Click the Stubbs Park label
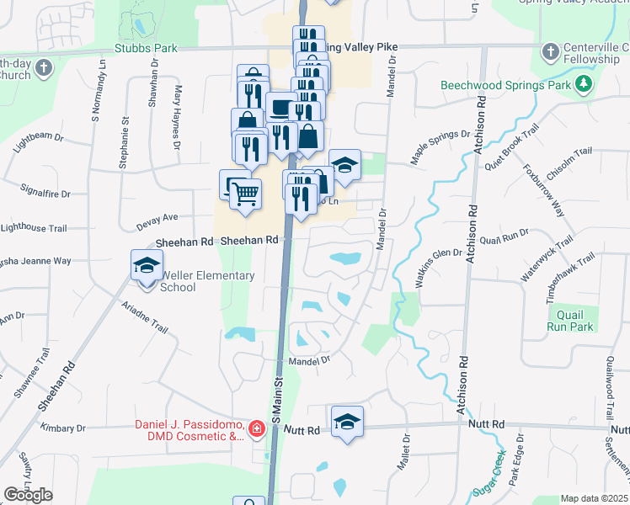[x=147, y=49]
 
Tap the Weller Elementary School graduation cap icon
[x=147, y=266]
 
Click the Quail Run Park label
[x=570, y=321]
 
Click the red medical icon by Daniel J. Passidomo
[x=256, y=430]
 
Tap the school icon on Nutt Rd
[x=346, y=423]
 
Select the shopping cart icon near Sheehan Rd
[x=245, y=194]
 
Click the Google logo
[x=28, y=496]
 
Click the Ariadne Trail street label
[x=144, y=317]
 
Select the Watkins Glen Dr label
[x=438, y=265]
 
